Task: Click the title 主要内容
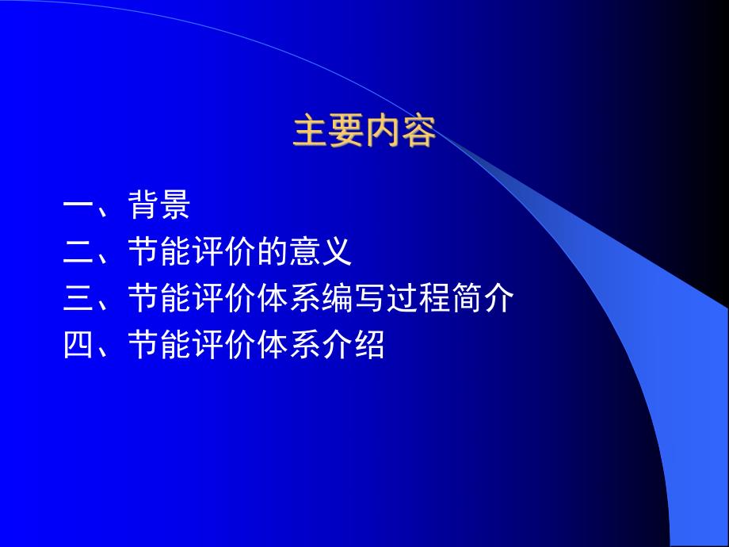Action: (364, 132)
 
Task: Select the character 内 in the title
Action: (383, 132)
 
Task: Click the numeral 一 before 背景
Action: (79, 208)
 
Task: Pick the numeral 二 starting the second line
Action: (79, 254)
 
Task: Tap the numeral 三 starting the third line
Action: (79, 300)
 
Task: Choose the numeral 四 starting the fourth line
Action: (79, 346)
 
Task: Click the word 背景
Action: (159, 207)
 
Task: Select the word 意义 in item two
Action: (320, 254)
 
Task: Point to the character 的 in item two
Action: (272, 254)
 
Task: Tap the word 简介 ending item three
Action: (482, 300)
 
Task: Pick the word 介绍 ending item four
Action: (353, 346)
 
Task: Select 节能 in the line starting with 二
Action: (159, 254)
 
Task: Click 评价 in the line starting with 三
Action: (223, 300)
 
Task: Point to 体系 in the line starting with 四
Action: (288, 346)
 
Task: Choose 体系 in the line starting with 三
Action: (288, 300)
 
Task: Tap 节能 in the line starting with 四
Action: (159, 346)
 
